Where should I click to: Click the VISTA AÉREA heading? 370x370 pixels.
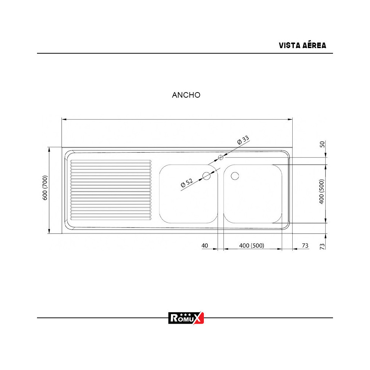coord(302,46)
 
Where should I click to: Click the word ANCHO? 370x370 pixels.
coord(186,95)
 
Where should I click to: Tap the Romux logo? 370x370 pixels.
coord(186,318)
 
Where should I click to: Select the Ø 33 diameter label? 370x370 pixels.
coord(243,141)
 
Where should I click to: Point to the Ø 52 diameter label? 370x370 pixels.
coord(187,184)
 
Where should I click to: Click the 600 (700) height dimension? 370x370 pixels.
coord(45,188)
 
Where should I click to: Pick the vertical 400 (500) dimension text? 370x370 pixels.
coord(322,192)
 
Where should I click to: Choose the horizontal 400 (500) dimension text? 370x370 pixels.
coord(252,245)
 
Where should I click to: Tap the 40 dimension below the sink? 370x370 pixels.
coord(205,245)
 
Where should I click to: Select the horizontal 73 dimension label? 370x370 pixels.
coord(305,245)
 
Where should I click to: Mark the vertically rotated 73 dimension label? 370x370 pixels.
coord(322,246)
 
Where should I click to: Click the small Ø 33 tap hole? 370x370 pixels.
coord(221,157)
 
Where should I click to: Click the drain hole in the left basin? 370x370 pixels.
coord(206,176)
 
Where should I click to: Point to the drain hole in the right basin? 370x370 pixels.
coord(235,176)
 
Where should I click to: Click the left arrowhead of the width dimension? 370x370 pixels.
coord(63,119)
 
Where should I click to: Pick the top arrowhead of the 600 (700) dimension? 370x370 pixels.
coord(49,149)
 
